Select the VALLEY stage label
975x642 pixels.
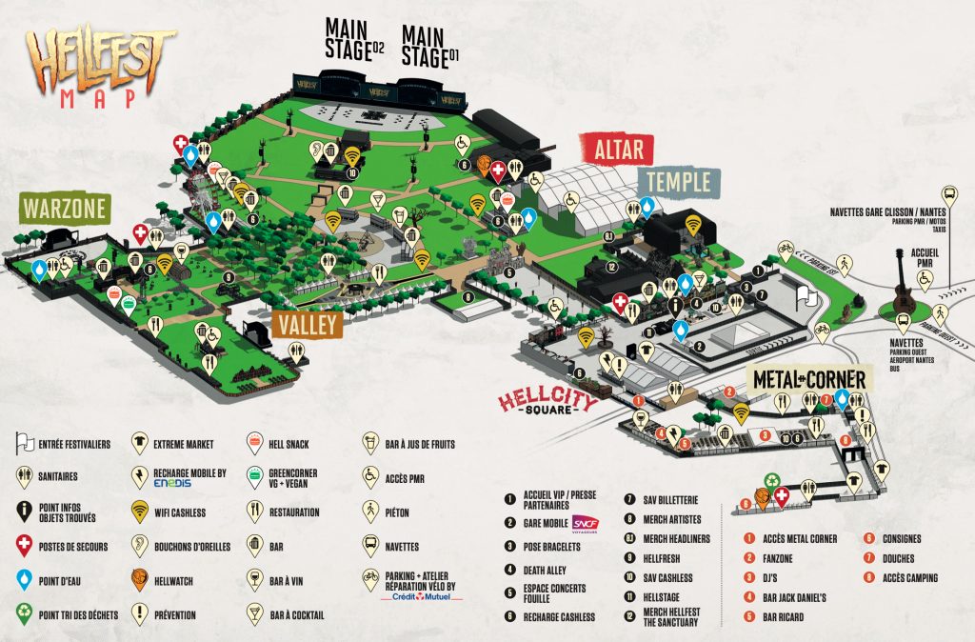click(307, 324)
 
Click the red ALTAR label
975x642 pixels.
click(619, 150)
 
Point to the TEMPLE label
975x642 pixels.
click(680, 181)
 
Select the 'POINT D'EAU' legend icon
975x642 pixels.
click(24, 579)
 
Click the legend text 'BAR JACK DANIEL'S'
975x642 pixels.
click(794, 597)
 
